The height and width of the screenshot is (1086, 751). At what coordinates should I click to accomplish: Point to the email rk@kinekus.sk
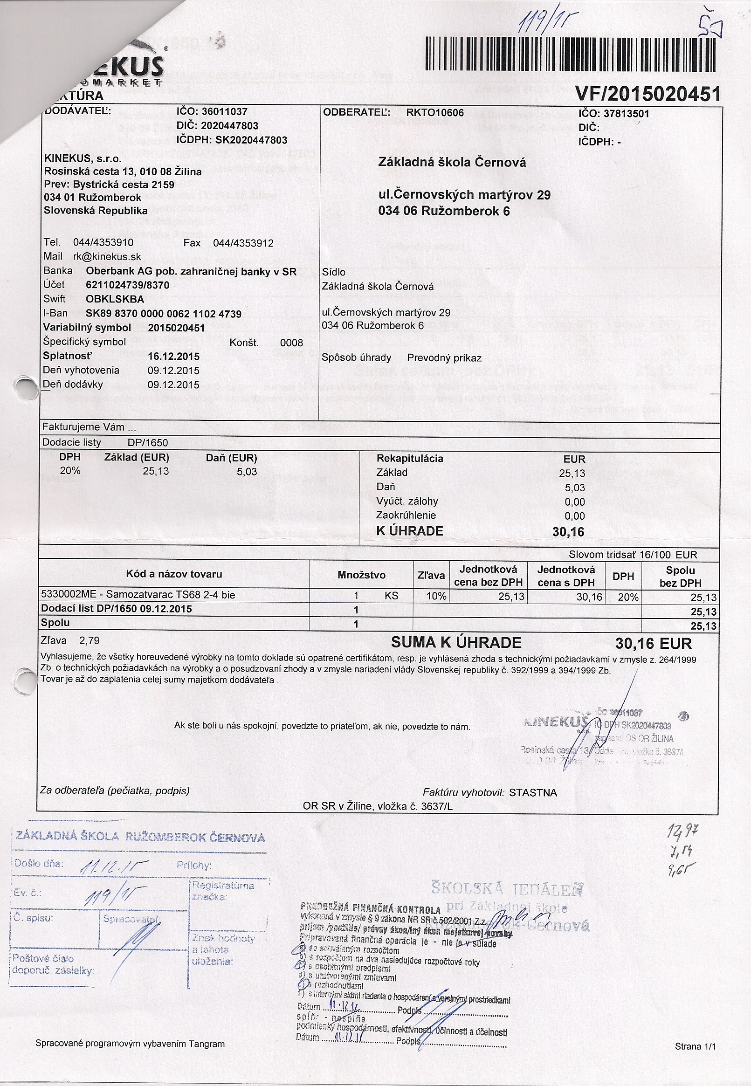point(107,257)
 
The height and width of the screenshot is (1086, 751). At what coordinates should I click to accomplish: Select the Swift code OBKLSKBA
point(115,299)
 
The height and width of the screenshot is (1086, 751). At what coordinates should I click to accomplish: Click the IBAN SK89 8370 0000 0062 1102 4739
point(163,314)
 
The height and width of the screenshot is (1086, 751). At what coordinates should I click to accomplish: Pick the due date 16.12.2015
point(173,357)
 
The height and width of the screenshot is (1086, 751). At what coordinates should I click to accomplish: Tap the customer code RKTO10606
point(435,113)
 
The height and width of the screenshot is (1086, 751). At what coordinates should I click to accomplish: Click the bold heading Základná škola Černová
point(452,163)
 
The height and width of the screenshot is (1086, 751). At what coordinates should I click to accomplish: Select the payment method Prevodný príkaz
point(444,358)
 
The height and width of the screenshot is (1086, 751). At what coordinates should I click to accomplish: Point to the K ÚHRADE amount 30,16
point(568,532)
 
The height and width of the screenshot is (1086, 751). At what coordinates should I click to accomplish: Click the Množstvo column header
point(361,575)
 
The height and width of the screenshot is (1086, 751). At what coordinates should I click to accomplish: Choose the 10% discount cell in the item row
point(436,597)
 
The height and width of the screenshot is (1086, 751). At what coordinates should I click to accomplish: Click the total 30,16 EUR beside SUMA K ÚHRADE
point(653,643)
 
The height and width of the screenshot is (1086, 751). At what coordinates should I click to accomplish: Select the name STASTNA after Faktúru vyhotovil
point(533,792)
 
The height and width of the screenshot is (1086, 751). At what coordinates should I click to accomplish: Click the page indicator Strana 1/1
point(695,1046)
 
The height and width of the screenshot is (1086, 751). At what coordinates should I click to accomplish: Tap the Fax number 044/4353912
point(243,243)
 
